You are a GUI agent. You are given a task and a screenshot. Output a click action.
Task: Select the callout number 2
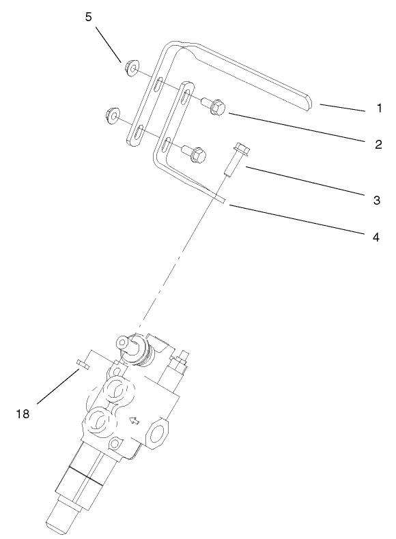coord(378,144)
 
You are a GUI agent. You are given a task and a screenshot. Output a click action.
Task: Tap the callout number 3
coord(376,201)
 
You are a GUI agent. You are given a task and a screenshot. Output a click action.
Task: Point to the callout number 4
coord(376,237)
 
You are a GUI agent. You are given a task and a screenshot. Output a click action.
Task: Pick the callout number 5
coord(89,17)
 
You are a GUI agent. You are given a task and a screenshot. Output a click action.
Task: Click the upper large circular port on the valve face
coord(113,394)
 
